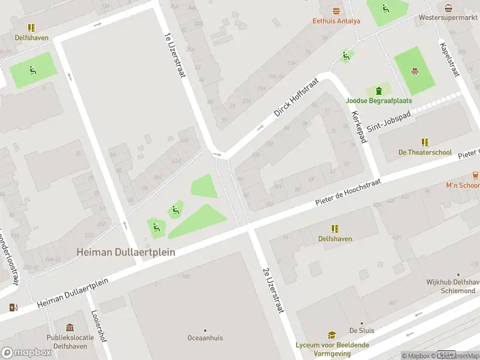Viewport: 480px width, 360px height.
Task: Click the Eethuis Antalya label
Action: coord(336,21)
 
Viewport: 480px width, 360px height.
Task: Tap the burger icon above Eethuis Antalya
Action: coord(336,10)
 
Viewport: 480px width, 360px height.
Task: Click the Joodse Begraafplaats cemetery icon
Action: coord(379,91)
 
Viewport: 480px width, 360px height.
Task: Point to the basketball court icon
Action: coord(414,71)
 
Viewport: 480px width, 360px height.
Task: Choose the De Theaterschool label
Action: coord(425,152)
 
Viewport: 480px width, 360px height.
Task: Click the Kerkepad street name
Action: coord(358,127)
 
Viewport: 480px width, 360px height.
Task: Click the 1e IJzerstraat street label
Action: coord(175,55)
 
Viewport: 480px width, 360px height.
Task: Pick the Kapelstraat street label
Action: coord(449,60)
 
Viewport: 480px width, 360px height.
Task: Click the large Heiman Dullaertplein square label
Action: coord(126,252)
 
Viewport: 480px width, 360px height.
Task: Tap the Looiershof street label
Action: coord(98,326)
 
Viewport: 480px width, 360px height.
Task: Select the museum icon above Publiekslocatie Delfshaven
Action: coord(70,328)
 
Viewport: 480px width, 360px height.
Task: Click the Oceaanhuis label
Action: coord(205,338)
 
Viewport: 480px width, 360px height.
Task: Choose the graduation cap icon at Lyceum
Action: coord(331,335)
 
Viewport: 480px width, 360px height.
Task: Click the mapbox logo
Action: coord(26,353)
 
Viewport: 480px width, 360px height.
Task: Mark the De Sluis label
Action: coord(362,331)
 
